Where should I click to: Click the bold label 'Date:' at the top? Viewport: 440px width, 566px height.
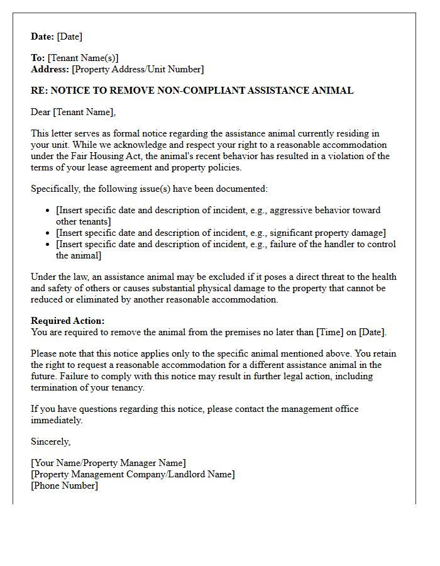(x=43, y=36)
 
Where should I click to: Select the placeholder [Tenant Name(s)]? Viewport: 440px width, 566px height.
(x=83, y=58)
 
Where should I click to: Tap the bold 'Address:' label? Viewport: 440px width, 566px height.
(x=50, y=69)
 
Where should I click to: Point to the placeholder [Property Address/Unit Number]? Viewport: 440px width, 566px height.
(x=138, y=69)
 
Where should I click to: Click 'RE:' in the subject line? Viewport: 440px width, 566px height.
(x=39, y=91)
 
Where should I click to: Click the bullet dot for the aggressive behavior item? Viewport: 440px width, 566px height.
(x=48, y=211)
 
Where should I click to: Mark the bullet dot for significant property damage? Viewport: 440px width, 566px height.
(x=48, y=233)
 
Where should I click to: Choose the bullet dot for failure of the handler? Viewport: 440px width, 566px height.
(x=48, y=245)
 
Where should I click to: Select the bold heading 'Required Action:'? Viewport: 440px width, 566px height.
(x=68, y=321)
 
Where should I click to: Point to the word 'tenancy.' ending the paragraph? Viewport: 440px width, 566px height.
(x=126, y=387)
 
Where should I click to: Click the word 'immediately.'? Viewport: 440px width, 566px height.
(x=57, y=420)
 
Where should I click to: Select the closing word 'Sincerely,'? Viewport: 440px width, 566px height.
(x=51, y=441)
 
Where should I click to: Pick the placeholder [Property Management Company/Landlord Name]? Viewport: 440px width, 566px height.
(x=133, y=474)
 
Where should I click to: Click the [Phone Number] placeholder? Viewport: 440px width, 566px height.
(x=65, y=486)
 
